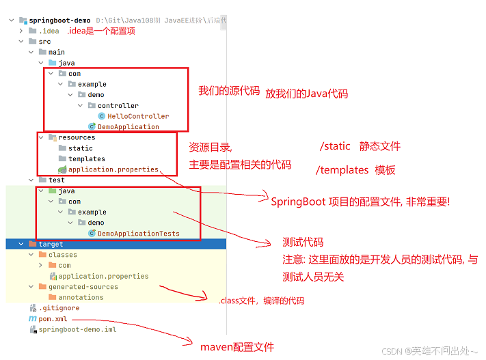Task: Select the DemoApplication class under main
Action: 128,126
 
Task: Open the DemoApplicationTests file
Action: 138,233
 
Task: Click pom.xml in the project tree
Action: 54,318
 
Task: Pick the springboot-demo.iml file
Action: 77,329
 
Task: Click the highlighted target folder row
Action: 51,244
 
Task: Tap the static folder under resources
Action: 80,148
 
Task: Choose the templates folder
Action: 86,158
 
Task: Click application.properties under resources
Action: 113,169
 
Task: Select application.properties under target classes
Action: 103,276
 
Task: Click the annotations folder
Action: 81,297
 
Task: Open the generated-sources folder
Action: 83,287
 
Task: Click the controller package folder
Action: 118,105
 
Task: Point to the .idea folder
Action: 49,31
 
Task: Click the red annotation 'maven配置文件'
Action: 237,347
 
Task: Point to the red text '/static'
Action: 334,146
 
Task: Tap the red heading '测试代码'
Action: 303,243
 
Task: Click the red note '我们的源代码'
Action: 229,91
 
